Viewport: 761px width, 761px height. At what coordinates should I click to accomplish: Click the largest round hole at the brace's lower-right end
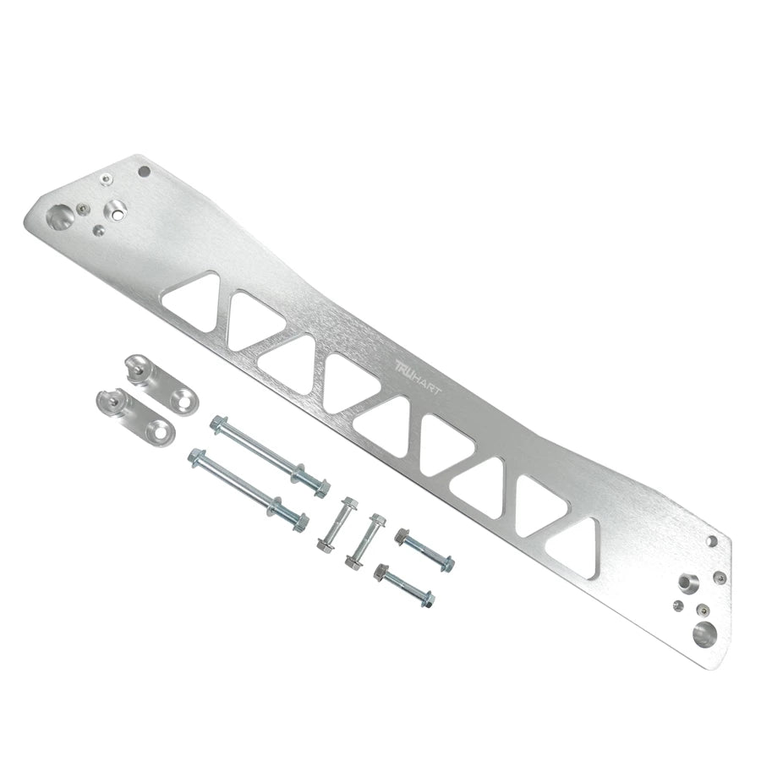pyautogui.click(x=704, y=632)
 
